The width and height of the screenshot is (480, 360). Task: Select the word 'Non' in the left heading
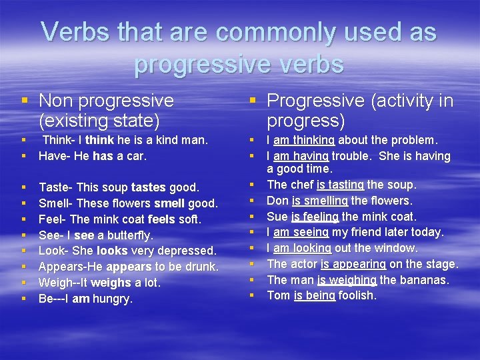point(56,101)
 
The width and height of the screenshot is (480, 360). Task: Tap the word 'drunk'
point(201,267)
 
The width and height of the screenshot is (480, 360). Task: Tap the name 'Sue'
point(277,217)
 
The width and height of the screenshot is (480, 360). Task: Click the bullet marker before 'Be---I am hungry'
point(23,299)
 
